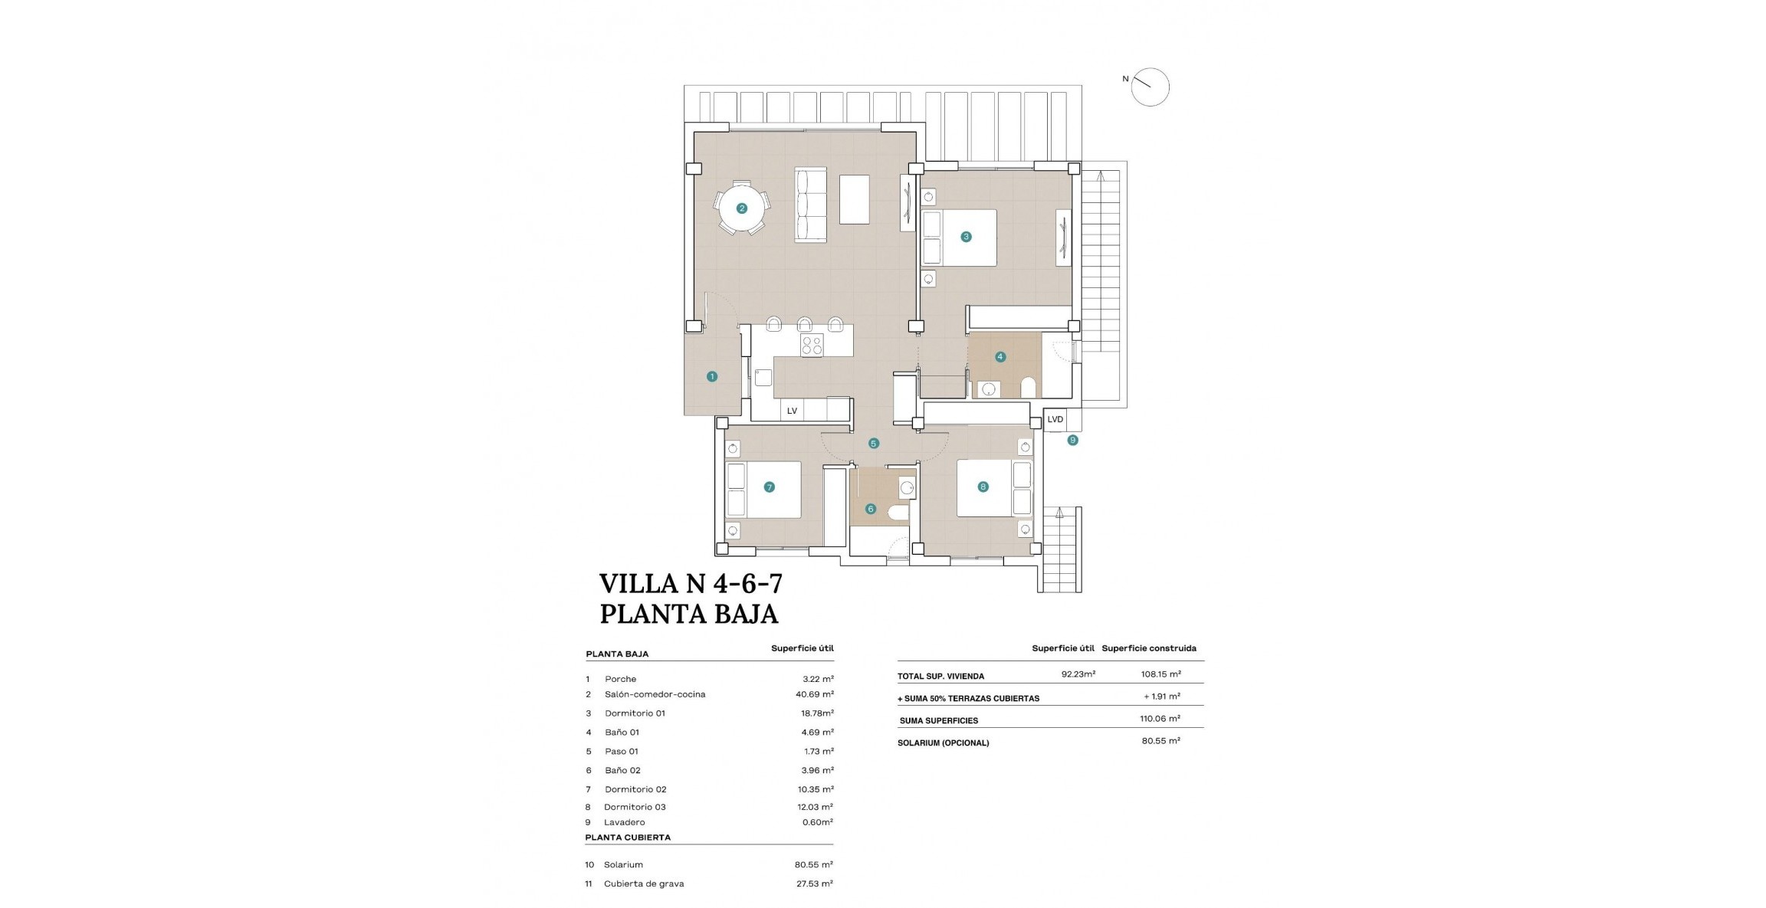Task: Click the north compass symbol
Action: pyautogui.click(x=1150, y=87)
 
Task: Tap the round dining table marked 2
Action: pyautogui.click(x=741, y=208)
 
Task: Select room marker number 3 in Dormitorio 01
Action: pyautogui.click(x=966, y=237)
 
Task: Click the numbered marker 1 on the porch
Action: pyautogui.click(x=712, y=376)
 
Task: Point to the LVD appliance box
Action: pyautogui.click(x=1055, y=419)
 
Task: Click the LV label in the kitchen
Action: pyautogui.click(x=792, y=411)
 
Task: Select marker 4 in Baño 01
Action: pyautogui.click(x=1000, y=356)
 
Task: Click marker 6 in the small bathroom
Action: pyautogui.click(x=870, y=509)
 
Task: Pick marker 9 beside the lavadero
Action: pyautogui.click(x=1072, y=440)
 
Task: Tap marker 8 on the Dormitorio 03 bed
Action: pyautogui.click(x=983, y=487)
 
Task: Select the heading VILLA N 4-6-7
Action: pyautogui.click(x=691, y=584)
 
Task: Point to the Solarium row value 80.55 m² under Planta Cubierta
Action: pyautogui.click(x=813, y=864)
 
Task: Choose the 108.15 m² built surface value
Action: pyautogui.click(x=1160, y=674)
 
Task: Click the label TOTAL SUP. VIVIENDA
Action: pyautogui.click(x=940, y=677)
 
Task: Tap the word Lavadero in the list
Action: pyautogui.click(x=624, y=822)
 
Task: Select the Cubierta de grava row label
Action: pyautogui.click(x=643, y=883)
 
